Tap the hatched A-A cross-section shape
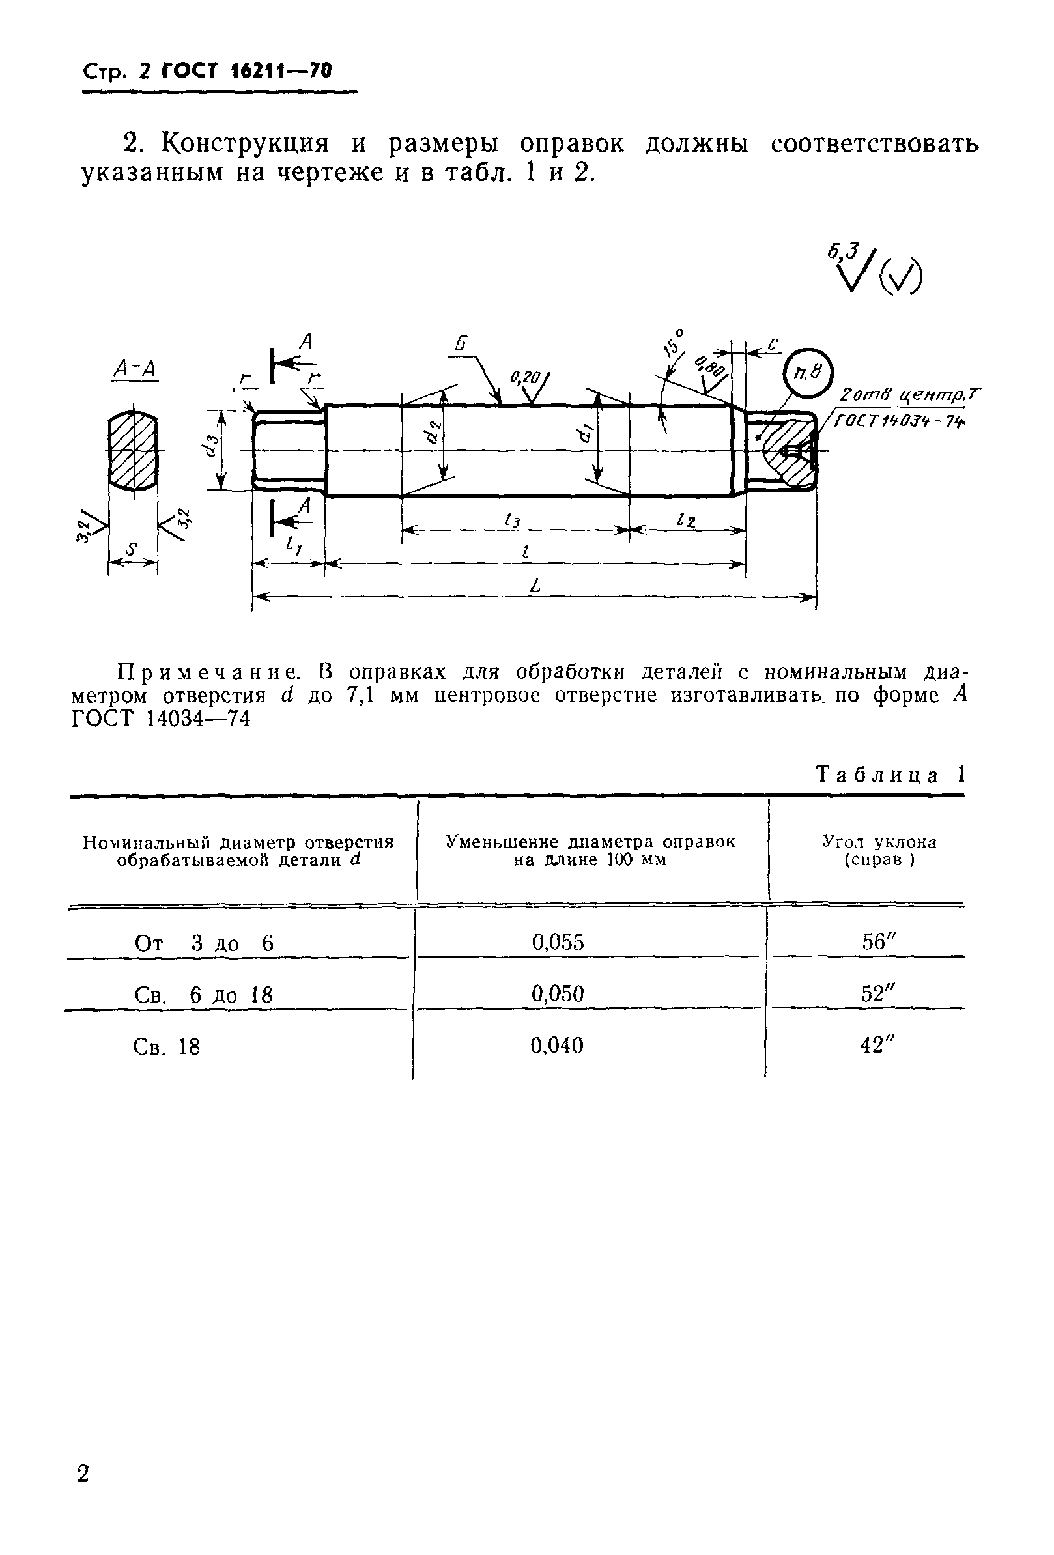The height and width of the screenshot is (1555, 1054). pos(133,451)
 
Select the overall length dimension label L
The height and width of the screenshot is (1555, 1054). pos(534,586)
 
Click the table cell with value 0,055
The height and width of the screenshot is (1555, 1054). pos(558,943)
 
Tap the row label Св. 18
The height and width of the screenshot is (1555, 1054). pos(167,1046)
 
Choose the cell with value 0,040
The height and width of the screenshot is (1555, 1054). pos(557,1045)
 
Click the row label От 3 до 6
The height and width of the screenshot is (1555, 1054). pos(203,943)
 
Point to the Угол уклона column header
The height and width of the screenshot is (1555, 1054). pos(879,850)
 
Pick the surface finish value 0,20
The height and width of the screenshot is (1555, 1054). pos(524,378)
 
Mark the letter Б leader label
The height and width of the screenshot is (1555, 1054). pos(461,345)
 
